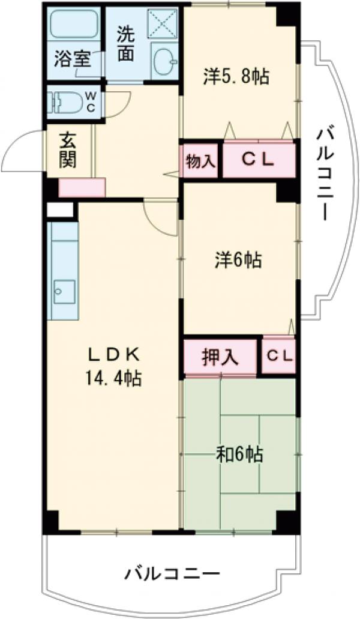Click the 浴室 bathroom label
(x=73, y=60)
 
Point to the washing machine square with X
(x=163, y=24)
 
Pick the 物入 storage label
(x=200, y=160)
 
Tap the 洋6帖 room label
(x=238, y=261)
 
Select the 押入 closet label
(x=220, y=357)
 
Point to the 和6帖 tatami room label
(x=239, y=454)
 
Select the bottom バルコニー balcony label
(x=172, y=574)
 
